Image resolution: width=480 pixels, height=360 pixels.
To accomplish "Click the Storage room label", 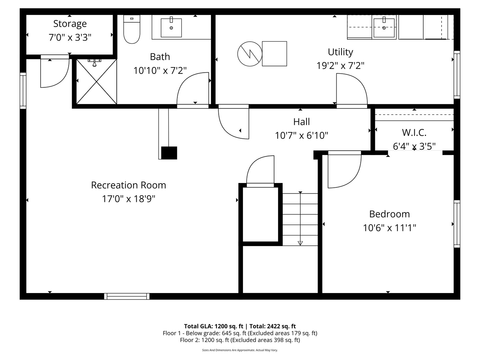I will [x=70, y=24].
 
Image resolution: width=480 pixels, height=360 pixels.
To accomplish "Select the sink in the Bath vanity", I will [x=171, y=28].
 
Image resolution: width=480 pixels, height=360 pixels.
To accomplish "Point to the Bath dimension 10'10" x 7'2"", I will [x=160, y=70].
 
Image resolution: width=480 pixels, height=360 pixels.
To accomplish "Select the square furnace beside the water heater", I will [x=274, y=54].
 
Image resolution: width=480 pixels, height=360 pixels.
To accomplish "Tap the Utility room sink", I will [x=384, y=28].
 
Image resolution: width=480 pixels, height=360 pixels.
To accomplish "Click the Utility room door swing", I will [x=351, y=90].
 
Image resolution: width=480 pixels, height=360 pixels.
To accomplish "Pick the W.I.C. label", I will [x=414, y=132].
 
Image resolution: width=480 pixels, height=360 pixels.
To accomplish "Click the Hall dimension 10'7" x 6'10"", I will [x=301, y=135].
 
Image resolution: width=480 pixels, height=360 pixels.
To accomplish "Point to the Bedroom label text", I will [x=389, y=214].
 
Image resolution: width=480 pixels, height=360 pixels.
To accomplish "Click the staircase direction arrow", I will [x=300, y=243].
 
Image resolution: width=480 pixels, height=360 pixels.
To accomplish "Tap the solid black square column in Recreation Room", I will [x=169, y=153].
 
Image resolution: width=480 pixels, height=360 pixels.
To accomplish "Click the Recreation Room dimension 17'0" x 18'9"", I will [x=128, y=199].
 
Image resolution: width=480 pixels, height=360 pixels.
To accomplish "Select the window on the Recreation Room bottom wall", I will [x=127, y=296].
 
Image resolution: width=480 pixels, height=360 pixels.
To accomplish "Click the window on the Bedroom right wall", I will [x=457, y=224].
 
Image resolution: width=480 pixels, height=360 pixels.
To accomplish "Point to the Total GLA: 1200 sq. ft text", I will [x=214, y=326].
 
